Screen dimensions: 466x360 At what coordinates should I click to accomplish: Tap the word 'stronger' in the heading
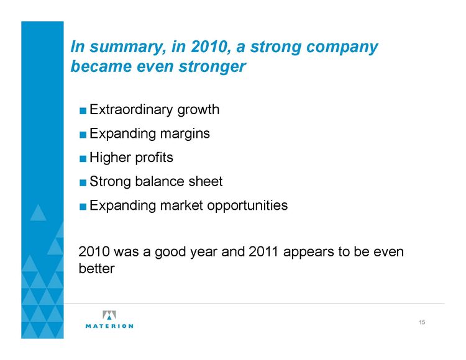click(212, 66)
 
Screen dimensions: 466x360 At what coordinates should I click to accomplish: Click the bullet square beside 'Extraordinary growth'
click(83, 111)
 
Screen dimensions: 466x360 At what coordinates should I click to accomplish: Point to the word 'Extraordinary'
click(131, 110)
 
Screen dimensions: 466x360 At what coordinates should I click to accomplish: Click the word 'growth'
click(198, 110)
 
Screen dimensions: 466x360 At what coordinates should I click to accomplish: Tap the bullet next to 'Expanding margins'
click(83, 135)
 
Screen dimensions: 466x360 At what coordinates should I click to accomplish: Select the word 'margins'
click(185, 134)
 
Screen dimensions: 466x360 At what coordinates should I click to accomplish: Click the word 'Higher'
click(110, 158)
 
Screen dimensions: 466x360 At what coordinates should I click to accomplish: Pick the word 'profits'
click(154, 158)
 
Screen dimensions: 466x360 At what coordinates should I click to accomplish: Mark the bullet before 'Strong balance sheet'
click(83, 182)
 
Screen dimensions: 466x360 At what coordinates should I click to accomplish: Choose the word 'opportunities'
click(247, 205)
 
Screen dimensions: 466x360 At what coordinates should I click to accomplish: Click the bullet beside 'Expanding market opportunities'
click(83, 207)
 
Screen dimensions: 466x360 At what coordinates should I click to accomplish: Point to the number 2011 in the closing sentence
click(263, 252)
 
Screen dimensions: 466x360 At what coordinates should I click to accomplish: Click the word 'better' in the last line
click(96, 269)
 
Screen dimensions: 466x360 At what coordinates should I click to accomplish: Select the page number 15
click(422, 322)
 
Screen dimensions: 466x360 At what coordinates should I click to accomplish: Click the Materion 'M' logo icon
click(109, 315)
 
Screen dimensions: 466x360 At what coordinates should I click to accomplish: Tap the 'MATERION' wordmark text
click(109, 326)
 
